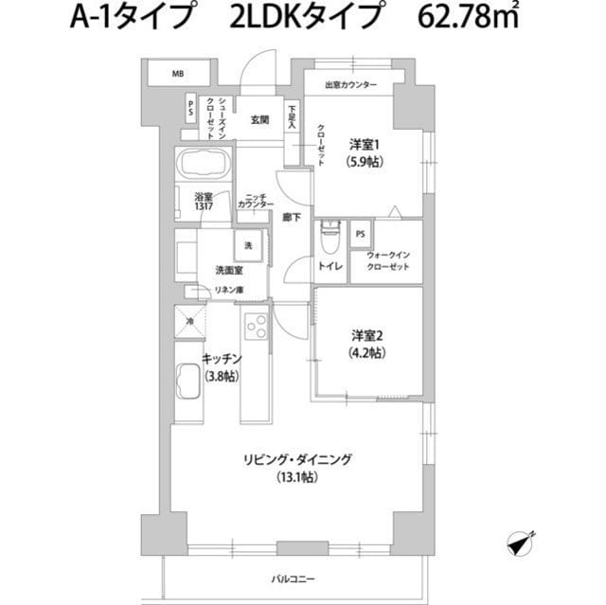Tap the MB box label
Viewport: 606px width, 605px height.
178,73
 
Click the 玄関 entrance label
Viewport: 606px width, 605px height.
259,120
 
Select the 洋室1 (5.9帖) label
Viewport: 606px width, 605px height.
363,153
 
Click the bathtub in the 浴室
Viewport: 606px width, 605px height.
202,166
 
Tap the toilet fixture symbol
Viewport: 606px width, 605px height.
330,234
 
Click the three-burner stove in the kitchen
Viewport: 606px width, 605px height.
257,326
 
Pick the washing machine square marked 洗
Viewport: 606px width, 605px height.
249,245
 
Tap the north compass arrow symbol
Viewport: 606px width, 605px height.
519,543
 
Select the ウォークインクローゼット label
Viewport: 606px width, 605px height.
387,260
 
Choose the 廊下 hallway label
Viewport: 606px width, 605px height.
291,217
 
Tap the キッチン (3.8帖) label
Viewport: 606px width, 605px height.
222,366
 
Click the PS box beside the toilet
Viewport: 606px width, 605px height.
360,233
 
